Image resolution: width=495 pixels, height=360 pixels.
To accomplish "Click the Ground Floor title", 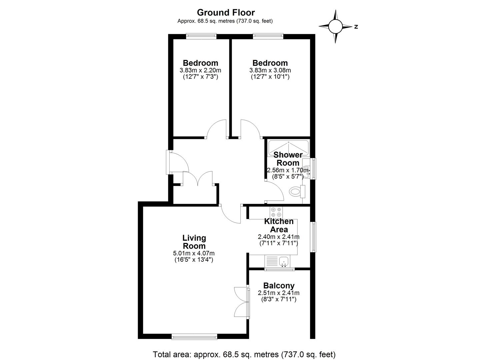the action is [226, 13].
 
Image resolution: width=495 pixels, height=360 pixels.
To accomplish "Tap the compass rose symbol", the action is [335, 27].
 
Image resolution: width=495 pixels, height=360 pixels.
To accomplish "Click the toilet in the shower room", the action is [297, 191].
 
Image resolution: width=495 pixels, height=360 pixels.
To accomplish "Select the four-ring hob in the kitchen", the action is [276, 212].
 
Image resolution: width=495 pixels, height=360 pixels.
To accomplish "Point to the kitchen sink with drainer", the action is [277, 261].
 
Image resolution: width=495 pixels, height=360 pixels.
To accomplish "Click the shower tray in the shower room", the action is [288, 148].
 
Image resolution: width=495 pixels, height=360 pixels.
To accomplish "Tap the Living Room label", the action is [194, 242].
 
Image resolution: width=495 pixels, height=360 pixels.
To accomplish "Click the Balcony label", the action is [279, 286].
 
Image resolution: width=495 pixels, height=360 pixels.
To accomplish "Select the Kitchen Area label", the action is [279, 225].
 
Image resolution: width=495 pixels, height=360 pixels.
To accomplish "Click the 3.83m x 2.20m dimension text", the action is [200, 70].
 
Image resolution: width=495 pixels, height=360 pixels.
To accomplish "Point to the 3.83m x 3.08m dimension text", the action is [270, 70].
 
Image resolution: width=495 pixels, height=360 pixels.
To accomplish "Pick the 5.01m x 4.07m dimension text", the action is [194, 253].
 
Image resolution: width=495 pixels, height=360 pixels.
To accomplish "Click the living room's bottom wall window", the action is [194, 337].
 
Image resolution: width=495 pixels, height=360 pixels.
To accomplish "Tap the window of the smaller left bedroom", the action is [201, 36].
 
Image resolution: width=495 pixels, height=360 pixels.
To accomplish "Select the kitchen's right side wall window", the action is [313, 237].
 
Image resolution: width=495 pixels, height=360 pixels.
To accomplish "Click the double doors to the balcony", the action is [242, 303].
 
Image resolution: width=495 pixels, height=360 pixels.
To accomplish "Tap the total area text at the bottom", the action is [244, 354].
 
